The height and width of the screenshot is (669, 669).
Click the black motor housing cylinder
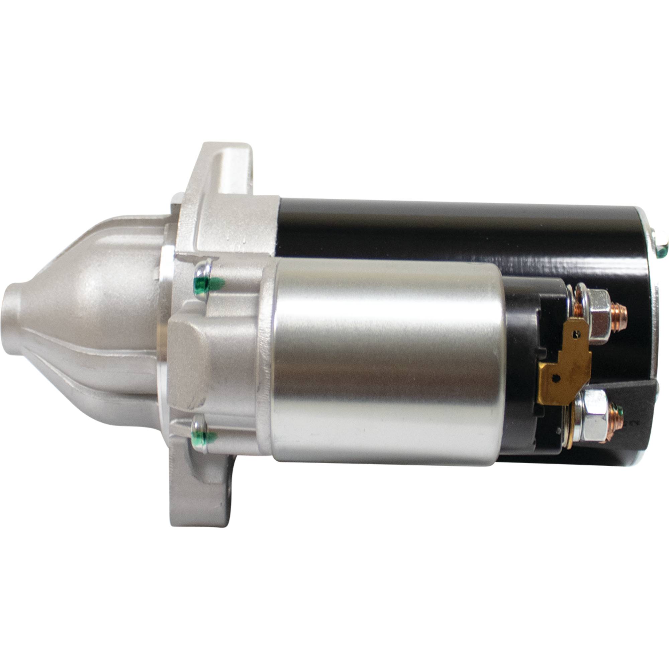pos(450,228)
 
